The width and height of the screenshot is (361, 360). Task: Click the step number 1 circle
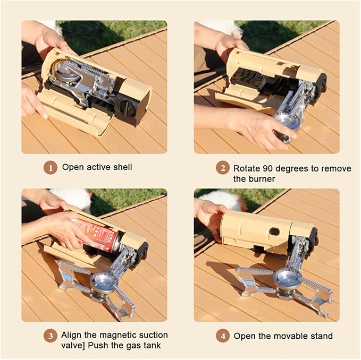[x=50, y=168]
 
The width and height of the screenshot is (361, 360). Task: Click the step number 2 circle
[x=223, y=168]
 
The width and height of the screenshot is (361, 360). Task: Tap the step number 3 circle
[x=50, y=336]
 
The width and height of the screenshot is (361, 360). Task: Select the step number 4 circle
[x=223, y=336]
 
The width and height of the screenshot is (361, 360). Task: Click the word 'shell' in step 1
[x=123, y=167]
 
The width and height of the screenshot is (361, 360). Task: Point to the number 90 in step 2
[x=268, y=168]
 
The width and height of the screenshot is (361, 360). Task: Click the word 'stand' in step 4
[x=322, y=336]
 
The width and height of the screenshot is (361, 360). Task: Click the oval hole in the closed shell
[x=274, y=232]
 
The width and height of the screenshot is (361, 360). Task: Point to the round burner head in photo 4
[x=288, y=278]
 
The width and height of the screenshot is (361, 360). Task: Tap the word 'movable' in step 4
[x=291, y=336]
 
